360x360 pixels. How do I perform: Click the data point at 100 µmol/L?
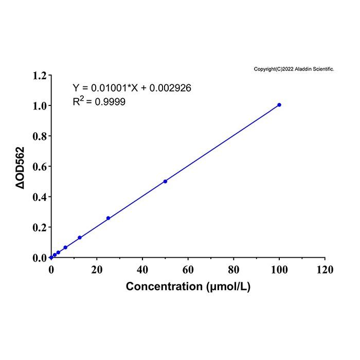(279, 105)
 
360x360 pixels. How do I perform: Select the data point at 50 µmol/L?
(165, 182)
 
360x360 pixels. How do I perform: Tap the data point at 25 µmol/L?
(109, 218)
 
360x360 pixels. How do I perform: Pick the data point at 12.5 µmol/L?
(80, 238)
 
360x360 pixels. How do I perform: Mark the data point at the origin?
(51, 258)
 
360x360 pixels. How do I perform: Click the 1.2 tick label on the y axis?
(40, 76)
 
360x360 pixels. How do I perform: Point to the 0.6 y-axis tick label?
(40, 167)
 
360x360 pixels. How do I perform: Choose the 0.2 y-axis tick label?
(40, 227)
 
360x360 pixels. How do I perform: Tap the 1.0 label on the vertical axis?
(40, 106)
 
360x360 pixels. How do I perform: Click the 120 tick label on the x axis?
(325, 269)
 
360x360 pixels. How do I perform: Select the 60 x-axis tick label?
(188, 269)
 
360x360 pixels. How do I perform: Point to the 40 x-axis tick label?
(142, 269)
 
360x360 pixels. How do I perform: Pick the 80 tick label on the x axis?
(233, 269)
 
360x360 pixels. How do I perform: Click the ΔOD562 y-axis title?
(20, 168)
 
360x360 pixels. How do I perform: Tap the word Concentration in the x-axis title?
(164, 286)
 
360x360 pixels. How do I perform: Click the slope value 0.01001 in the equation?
(109, 88)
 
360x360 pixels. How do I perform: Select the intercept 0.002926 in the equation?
(170, 88)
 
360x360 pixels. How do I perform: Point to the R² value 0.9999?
(110, 102)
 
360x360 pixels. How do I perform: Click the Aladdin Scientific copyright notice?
(294, 69)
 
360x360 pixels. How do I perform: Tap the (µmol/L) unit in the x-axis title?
(228, 287)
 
